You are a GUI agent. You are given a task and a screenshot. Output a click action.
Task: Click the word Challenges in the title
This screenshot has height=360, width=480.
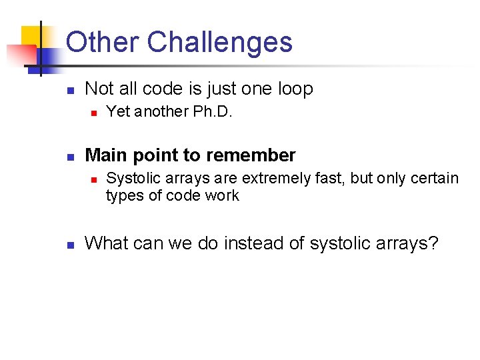click(219, 42)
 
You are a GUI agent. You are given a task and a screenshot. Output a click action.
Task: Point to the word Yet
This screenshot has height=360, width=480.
click(118, 112)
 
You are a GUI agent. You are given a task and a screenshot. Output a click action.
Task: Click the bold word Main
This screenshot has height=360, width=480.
click(105, 155)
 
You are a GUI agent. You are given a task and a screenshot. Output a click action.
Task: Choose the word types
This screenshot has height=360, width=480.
click(122, 196)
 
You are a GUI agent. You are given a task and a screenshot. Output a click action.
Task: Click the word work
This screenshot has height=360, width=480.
click(222, 195)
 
